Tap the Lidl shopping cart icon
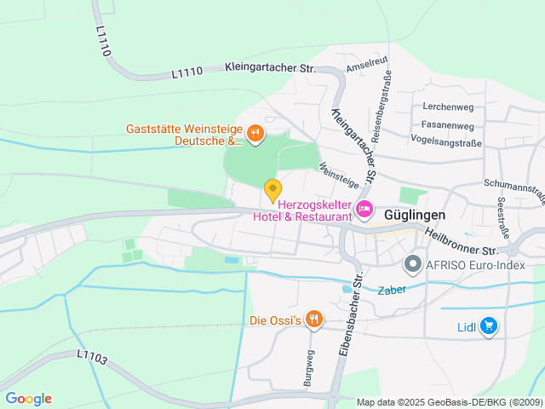[488, 325]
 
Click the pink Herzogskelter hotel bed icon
[364, 210]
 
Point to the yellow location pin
[272, 190]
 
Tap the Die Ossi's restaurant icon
[313, 320]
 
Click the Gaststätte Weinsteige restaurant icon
[255, 133]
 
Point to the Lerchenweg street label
[447, 107]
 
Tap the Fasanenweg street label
[447, 124]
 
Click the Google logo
[28, 398]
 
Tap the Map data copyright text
[449, 402]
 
